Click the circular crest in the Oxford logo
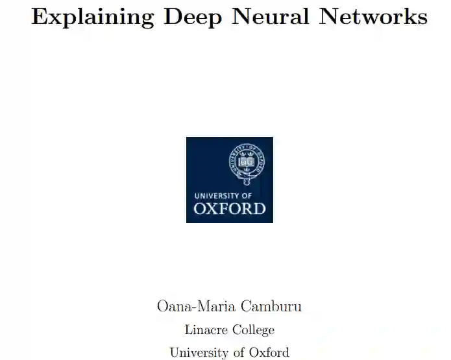coord(247,162)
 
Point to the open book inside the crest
coord(247,162)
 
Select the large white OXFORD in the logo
coord(230,209)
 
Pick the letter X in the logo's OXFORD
coord(213,209)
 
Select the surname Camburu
coord(272,306)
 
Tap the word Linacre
coord(205,330)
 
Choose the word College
coord(252,330)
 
